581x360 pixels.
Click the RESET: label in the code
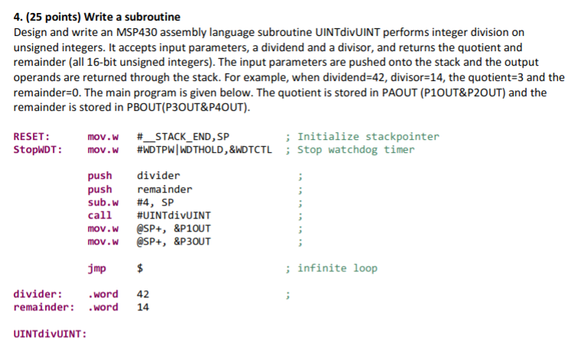[32, 137]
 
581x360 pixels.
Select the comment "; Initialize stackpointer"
[362, 137]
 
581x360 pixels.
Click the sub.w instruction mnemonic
[103, 203]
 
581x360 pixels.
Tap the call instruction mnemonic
[100, 216]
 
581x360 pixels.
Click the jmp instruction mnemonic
[97, 268]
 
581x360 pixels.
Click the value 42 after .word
[143, 294]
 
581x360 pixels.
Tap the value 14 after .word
[143, 307]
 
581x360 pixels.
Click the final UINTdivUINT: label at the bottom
[50, 334]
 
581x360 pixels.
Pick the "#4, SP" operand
[155, 203]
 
